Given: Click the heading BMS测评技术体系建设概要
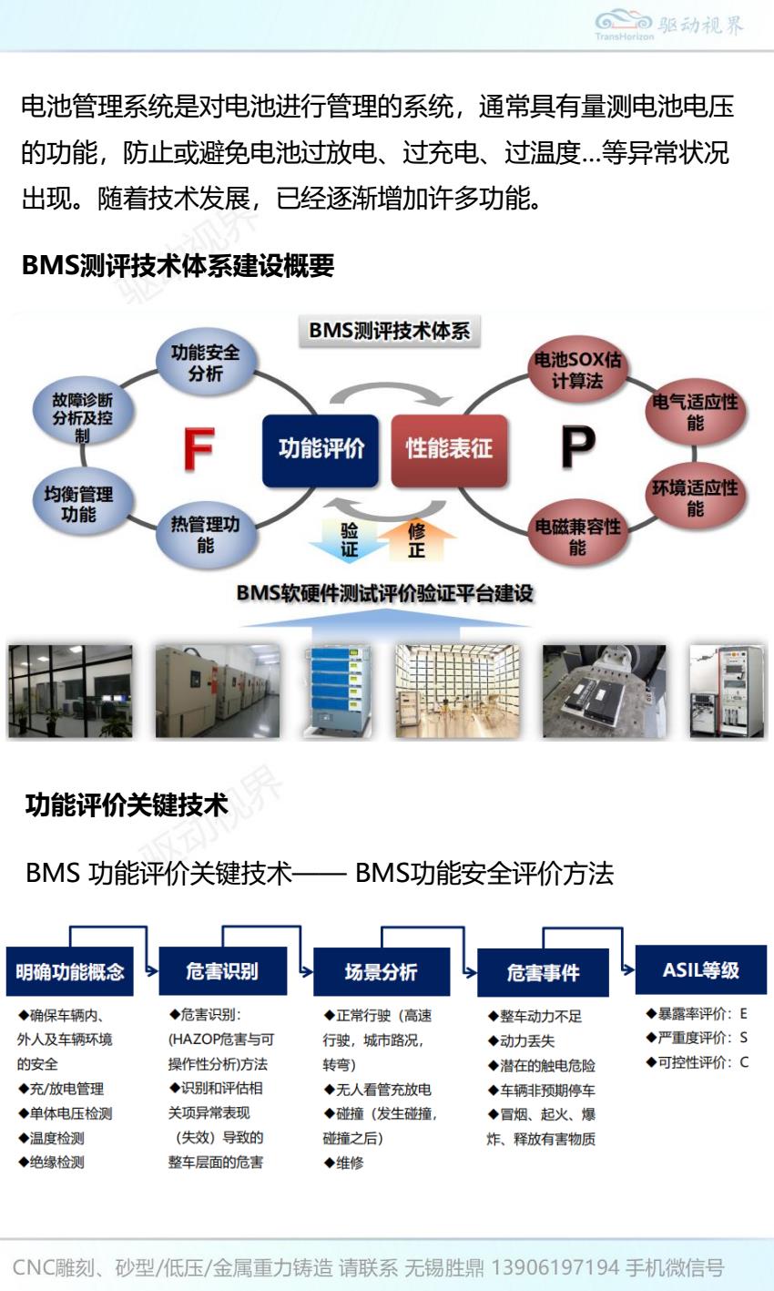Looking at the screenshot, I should pyautogui.click(x=178, y=266).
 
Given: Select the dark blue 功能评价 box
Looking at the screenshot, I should pyautogui.click(x=321, y=448).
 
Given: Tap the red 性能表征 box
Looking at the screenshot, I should pyautogui.click(x=449, y=448).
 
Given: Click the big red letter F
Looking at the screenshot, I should pyautogui.click(x=199, y=448).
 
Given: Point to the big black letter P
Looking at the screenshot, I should pyautogui.click(x=577, y=446).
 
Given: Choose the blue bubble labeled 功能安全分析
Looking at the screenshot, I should pyautogui.click(x=205, y=363).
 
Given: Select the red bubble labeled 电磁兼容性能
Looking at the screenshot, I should pyautogui.click(x=577, y=537).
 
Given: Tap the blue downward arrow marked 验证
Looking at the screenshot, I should pyautogui.click(x=348, y=540).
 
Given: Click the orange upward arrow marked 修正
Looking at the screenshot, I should pyautogui.click(x=416, y=540).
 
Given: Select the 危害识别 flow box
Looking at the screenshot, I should pyautogui.click(x=222, y=971).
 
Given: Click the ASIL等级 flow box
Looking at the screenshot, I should pyautogui.click(x=700, y=969).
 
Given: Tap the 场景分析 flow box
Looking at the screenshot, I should pyautogui.click(x=381, y=972).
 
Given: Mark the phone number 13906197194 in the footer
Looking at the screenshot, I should pyautogui.click(x=555, y=1267).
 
